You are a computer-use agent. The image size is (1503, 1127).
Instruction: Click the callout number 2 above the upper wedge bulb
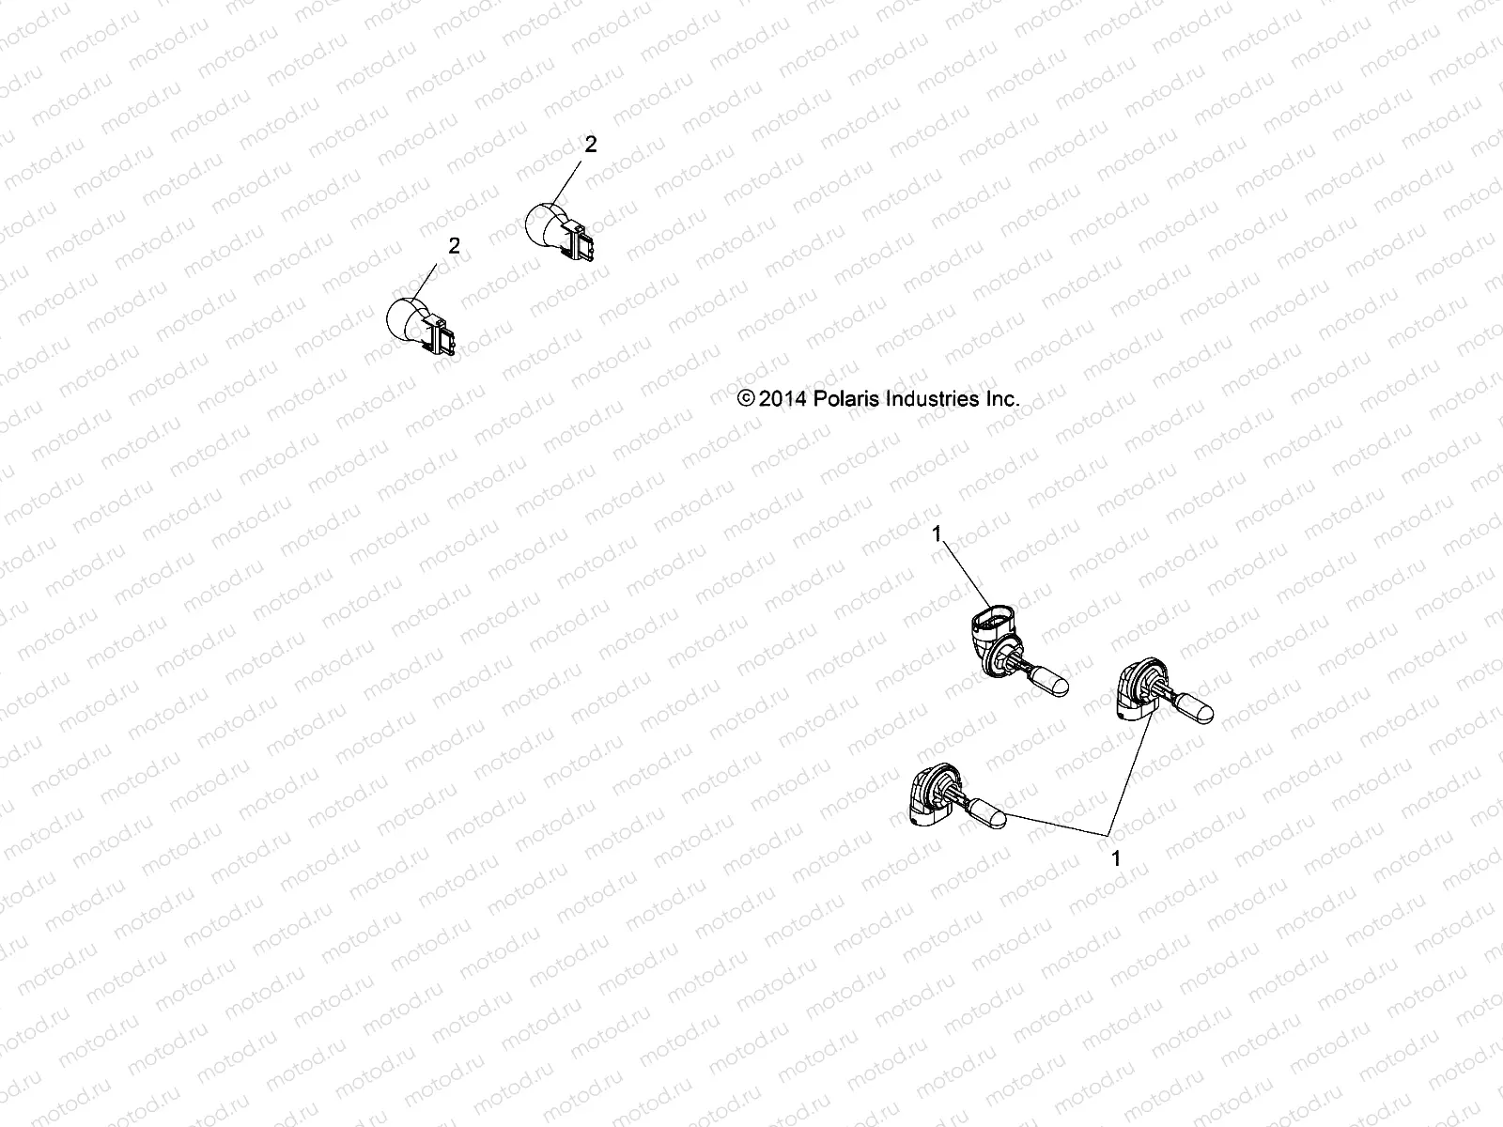590,145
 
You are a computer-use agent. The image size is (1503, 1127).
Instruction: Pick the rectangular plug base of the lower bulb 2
442,335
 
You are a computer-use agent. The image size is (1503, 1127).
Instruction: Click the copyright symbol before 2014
747,398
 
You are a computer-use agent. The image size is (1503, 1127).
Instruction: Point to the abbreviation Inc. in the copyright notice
1001,398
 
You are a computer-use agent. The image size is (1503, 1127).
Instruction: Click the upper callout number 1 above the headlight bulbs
936,533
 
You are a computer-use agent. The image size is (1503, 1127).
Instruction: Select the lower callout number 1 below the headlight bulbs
1116,857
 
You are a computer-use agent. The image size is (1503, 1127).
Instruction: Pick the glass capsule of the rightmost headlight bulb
1190,703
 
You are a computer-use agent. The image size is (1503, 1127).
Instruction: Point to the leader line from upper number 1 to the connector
963,569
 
